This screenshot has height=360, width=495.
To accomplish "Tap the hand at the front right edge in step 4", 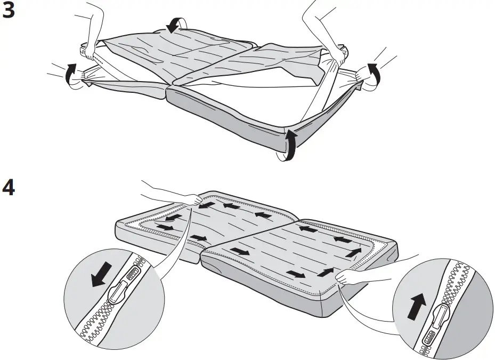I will tap(352, 277).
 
